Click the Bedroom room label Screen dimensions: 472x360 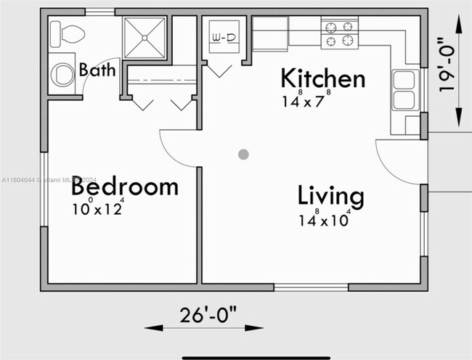[125, 187]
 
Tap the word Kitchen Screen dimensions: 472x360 [323, 78]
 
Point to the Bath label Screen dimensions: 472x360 [97, 70]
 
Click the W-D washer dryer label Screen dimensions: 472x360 [224, 38]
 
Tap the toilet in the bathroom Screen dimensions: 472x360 [67, 34]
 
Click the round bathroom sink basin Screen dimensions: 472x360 [62, 75]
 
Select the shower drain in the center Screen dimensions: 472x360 [145, 38]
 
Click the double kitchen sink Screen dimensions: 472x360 [405, 90]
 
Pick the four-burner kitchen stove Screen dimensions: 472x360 [340, 33]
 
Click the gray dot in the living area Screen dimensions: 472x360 [243, 155]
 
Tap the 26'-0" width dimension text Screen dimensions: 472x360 [208, 314]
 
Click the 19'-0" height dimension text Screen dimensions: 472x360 [446, 65]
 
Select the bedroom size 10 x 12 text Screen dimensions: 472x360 [98, 207]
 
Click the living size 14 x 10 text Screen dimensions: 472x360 [325, 218]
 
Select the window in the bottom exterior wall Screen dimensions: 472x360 [312, 287]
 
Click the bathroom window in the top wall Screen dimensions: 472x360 [100, 12]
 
